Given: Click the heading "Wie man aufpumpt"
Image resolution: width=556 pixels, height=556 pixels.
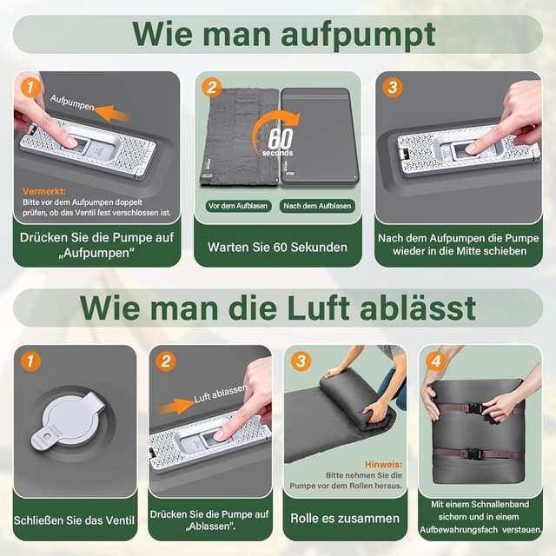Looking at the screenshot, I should click(283, 34).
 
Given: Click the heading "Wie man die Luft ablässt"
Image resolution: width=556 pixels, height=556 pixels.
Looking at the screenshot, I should click(278, 308).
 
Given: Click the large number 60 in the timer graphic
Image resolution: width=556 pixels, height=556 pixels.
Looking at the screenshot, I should click(280, 138).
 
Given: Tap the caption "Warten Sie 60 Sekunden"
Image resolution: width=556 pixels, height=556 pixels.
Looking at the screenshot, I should click(277, 247).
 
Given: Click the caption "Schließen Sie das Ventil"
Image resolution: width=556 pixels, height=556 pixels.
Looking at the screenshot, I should click(75, 520).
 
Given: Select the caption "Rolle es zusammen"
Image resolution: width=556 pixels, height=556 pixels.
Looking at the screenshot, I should click(346, 519).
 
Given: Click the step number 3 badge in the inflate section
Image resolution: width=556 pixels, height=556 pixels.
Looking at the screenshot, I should click(393, 88).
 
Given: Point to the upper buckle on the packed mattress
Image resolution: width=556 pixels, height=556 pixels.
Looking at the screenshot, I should click(474, 407).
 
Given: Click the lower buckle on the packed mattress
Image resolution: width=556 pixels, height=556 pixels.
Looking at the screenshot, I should click(474, 453).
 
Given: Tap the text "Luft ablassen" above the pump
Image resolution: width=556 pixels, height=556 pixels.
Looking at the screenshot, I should click(219, 391).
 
